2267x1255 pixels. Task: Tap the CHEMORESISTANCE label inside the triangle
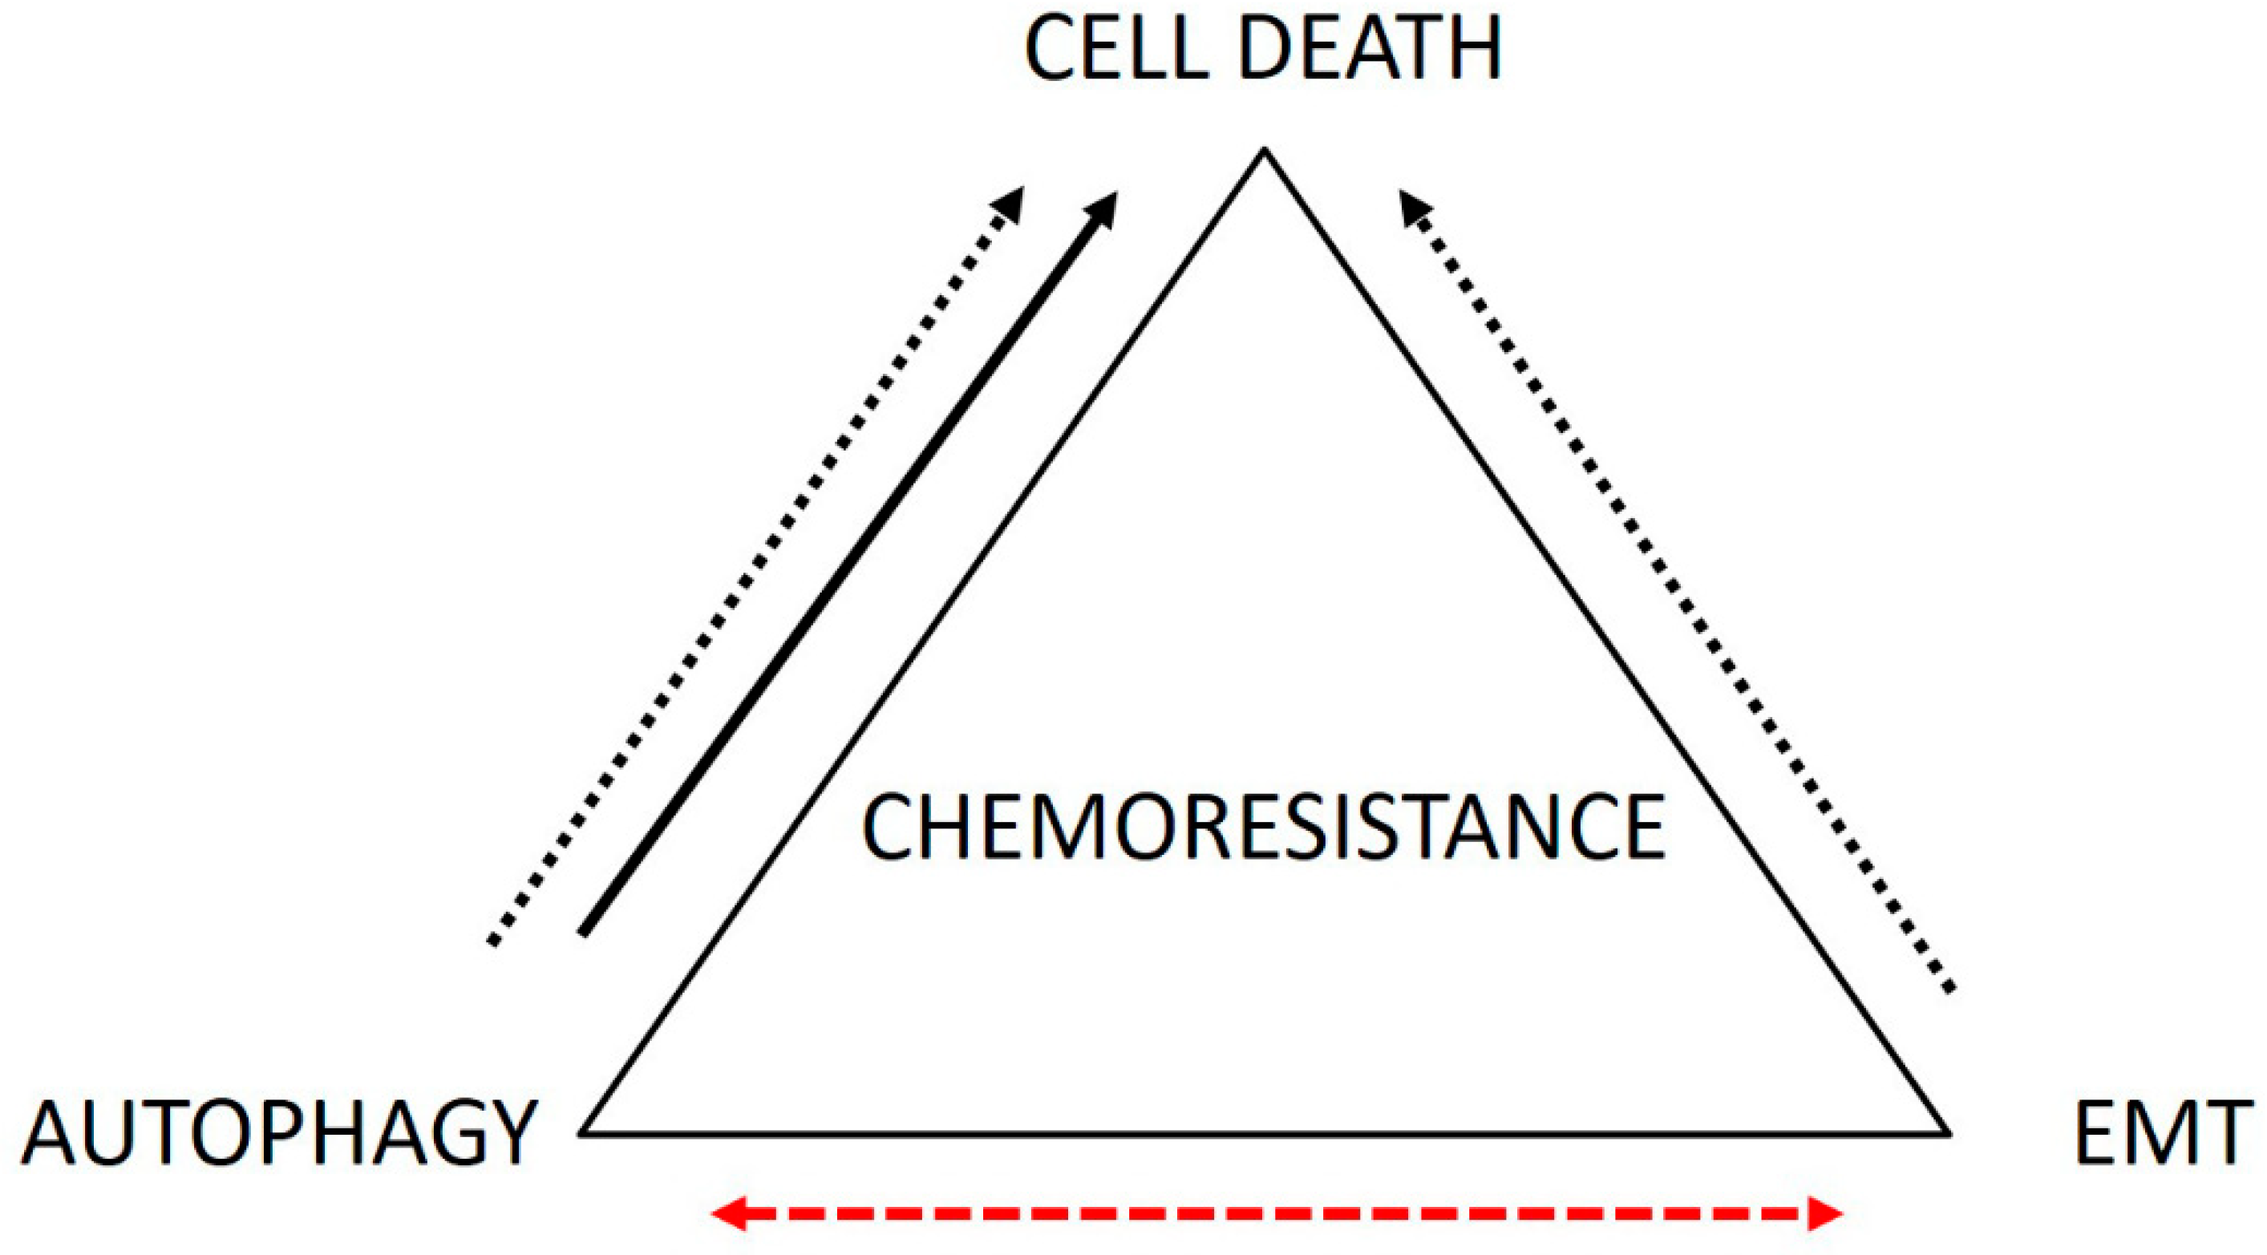pyautogui.click(x=1263, y=828)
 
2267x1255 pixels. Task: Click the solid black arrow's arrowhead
pyautogui.click(x=1102, y=209)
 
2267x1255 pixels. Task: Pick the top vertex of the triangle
pyautogui.click(x=1265, y=152)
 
